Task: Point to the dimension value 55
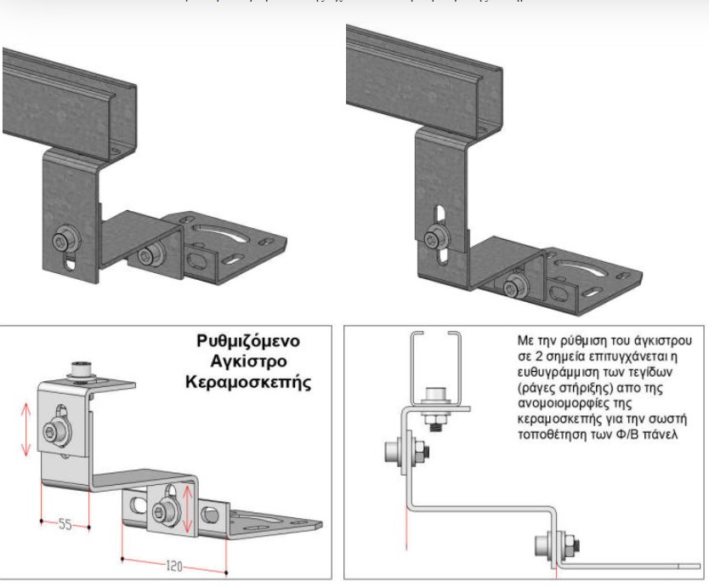click(x=65, y=524)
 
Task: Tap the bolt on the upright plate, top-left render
click(x=63, y=243)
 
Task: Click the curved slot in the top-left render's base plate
click(x=222, y=229)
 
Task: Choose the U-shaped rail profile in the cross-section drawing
click(x=434, y=367)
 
